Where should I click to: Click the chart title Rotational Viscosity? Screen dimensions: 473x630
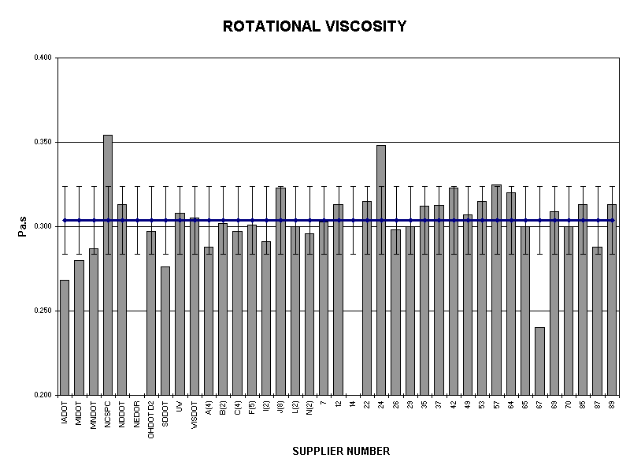pos(315,27)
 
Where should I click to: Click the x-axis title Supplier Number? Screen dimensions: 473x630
pos(341,452)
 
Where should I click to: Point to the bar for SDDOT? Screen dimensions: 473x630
pos(165,330)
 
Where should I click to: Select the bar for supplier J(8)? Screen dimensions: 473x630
pos(280,291)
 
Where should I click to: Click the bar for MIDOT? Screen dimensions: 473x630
pos(79,327)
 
